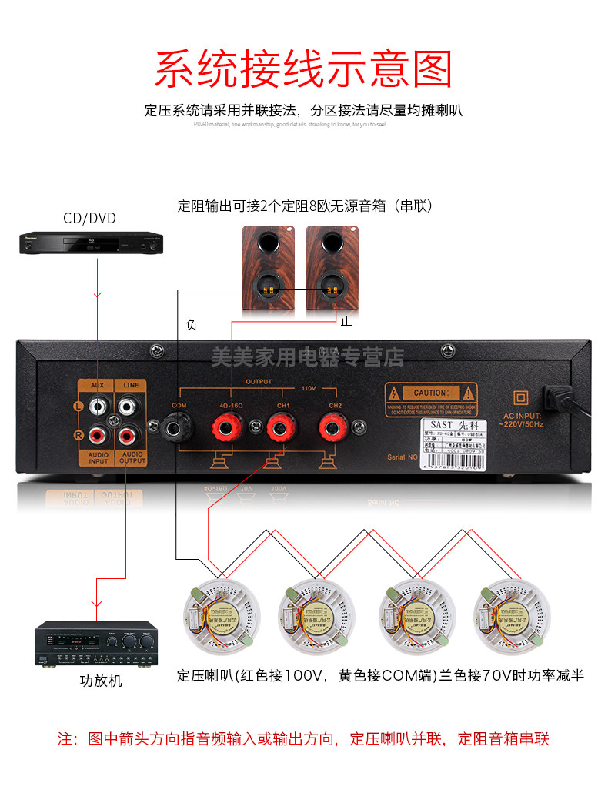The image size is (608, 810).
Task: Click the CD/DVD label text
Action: tap(89, 219)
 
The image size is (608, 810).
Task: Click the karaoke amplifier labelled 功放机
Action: tap(95, 645)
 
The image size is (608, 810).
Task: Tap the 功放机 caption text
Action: tap(101, 681)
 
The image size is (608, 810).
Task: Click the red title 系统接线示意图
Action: tap(303, 69)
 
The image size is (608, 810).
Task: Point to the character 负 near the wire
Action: tap(192, 325)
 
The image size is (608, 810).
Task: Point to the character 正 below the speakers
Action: tap(346, 321)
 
